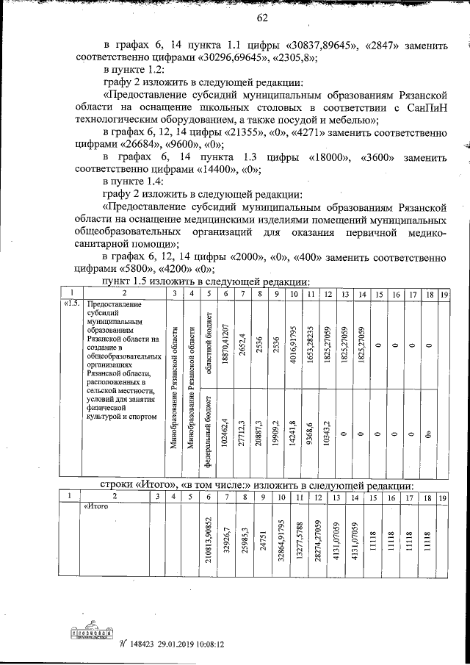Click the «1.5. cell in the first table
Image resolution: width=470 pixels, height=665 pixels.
coord(71,303)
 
